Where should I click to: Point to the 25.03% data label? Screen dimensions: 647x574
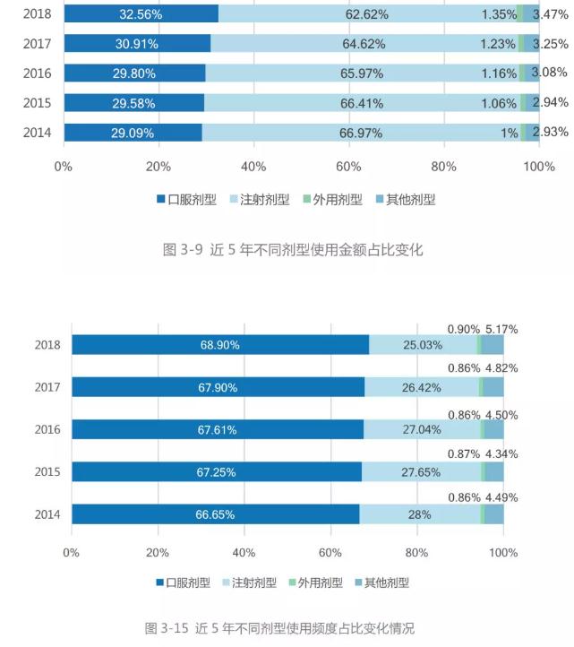(422, 345)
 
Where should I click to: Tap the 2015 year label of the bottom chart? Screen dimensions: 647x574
(47, 472)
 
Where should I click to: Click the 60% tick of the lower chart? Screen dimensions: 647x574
(330, 552)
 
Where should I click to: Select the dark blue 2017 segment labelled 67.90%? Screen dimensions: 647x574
(218, 387)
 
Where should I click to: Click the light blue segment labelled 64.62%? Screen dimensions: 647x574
(364, 43)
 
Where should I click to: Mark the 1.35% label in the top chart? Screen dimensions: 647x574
(499, 14)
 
